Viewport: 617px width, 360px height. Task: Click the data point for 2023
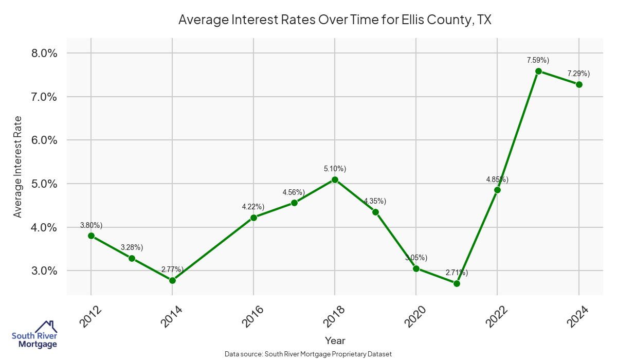pyautogui.click(x=538, y=71)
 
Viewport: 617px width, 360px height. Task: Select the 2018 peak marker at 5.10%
pyautogui.click(x=335, y=179)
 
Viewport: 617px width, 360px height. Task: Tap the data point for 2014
pyautogui.click(x=172, y=280)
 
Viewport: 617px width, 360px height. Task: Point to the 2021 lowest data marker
pyautogui.click(x=457, y=283)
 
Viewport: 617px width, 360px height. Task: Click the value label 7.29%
pyautogui.click(x=578, y=74)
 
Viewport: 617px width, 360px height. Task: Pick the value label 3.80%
pyautogui.click(x=92, y=225)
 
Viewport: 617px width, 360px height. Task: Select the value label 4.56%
pyautogui.click(x=294, y=192)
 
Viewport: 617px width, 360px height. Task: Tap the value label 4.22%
pyautogui.click(x=253, y=207)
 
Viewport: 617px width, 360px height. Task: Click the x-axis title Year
pyautogui.click(x=335, y=340)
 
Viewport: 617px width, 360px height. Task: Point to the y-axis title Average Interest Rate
pyautogui.click(x=18, y=167)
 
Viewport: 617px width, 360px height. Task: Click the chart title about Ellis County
pyautogui.click(x=335, y=20)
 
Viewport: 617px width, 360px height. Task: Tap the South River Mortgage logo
pyautogui.click(x=34, y=335)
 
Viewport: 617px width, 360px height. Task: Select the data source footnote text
pyautogui.click(x=308, y=354)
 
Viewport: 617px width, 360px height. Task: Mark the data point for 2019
pyautogui.click(x=375, y=212)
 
